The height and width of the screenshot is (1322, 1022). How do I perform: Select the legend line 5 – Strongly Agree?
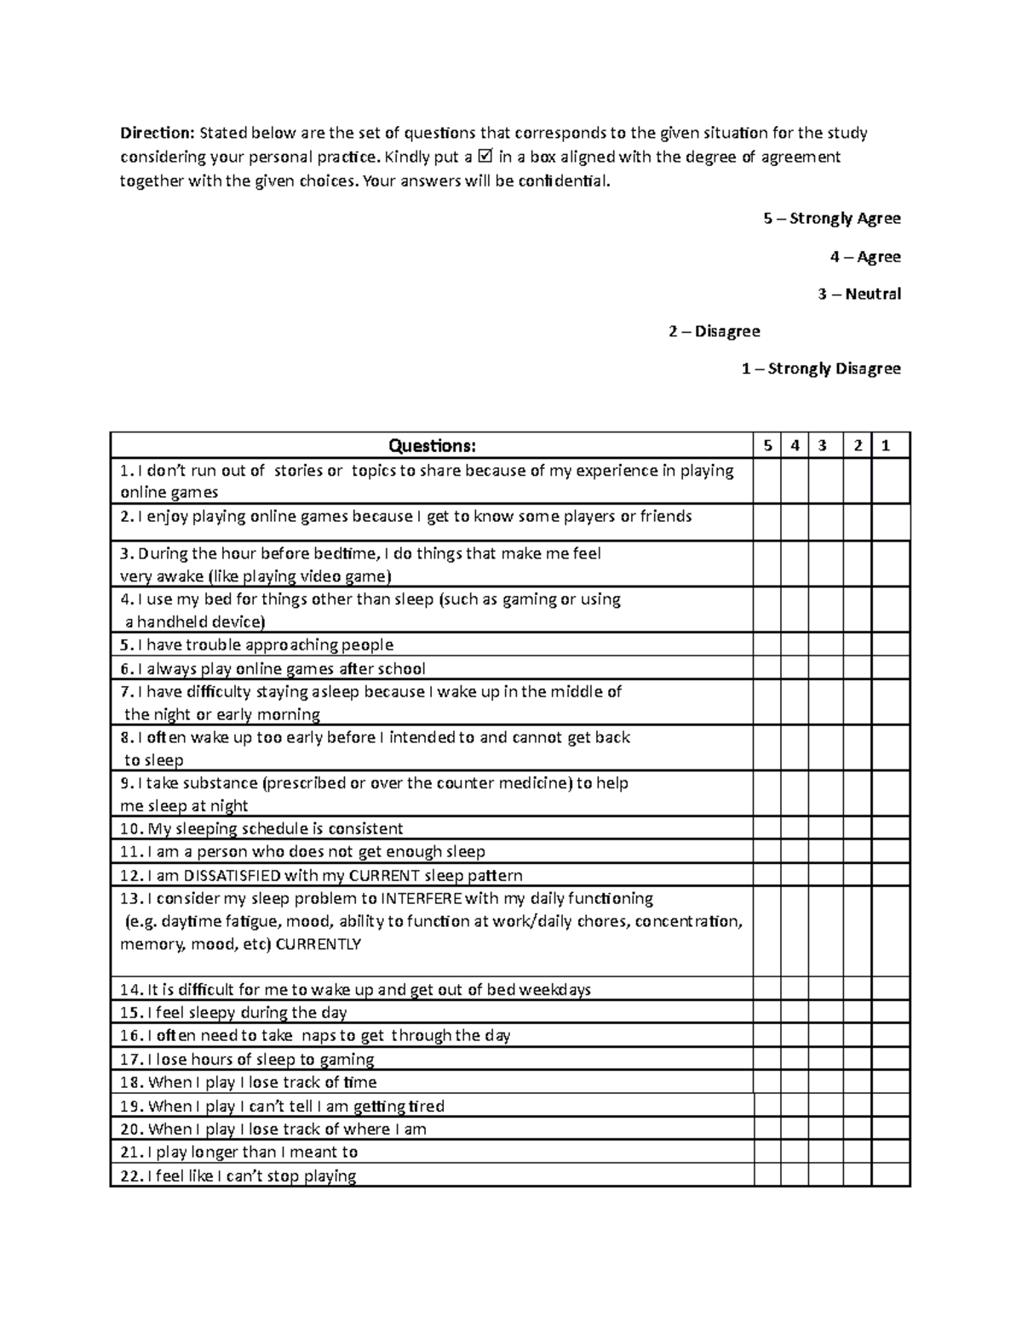point(832,219)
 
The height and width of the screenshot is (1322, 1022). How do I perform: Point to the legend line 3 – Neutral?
point(858,295)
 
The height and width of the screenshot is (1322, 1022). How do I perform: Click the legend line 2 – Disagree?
point(715,331)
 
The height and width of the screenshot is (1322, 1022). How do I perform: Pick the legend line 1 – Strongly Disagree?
point(820,369)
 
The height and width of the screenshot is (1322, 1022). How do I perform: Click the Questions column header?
point(432,446)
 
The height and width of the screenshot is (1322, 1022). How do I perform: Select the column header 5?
point(767,445)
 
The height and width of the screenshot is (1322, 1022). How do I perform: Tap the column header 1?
point(886,445)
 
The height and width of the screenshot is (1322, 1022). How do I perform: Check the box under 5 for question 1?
point(767,481)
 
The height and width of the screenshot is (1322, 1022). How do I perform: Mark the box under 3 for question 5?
point(826,644)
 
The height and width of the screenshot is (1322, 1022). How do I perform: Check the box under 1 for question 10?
point(891,828)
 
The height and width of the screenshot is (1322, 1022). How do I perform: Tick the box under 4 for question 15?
point(795,1012)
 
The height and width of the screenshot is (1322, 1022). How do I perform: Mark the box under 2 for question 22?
point(858,1176)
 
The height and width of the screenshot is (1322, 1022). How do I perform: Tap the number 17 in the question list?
point(130,1060)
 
